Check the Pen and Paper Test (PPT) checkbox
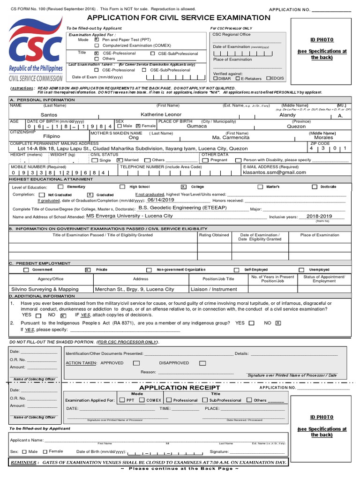point(97,40)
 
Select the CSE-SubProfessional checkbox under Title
point(153,54)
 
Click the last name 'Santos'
point(49,115)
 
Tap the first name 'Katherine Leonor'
point(161,114)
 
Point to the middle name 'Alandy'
point(287,115)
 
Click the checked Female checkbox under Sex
point(138,126)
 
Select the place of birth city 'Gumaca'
point(197,126)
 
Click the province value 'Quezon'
point(296,126)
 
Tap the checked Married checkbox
point(119,160)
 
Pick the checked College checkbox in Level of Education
point(183,187)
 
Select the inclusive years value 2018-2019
point(319,216)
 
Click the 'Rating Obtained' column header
point(214,235)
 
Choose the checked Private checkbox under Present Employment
point(88,270)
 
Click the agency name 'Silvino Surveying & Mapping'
point(45,289)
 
